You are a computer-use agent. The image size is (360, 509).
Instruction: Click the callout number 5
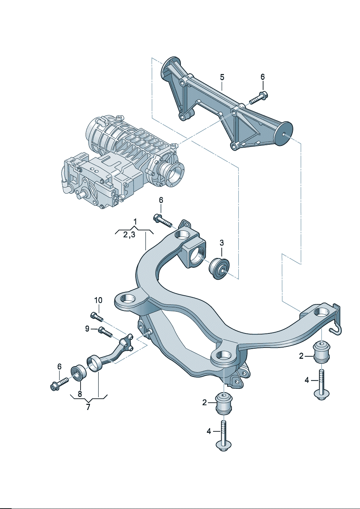coord(222,77)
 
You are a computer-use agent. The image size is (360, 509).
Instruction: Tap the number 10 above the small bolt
coord(98,300)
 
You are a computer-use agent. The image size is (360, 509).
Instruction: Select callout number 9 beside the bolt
coord(87,329)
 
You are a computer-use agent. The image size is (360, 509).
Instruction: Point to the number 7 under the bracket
coord(88,407)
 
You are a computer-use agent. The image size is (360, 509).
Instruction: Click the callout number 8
coord(80,394)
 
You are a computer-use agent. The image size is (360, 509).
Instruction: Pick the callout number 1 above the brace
coord(135,221)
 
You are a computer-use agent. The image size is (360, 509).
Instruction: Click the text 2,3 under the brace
coord(129,235)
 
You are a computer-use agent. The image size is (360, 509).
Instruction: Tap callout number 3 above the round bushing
coord(222,243)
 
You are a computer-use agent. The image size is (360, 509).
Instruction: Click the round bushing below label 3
coord(219,268)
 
